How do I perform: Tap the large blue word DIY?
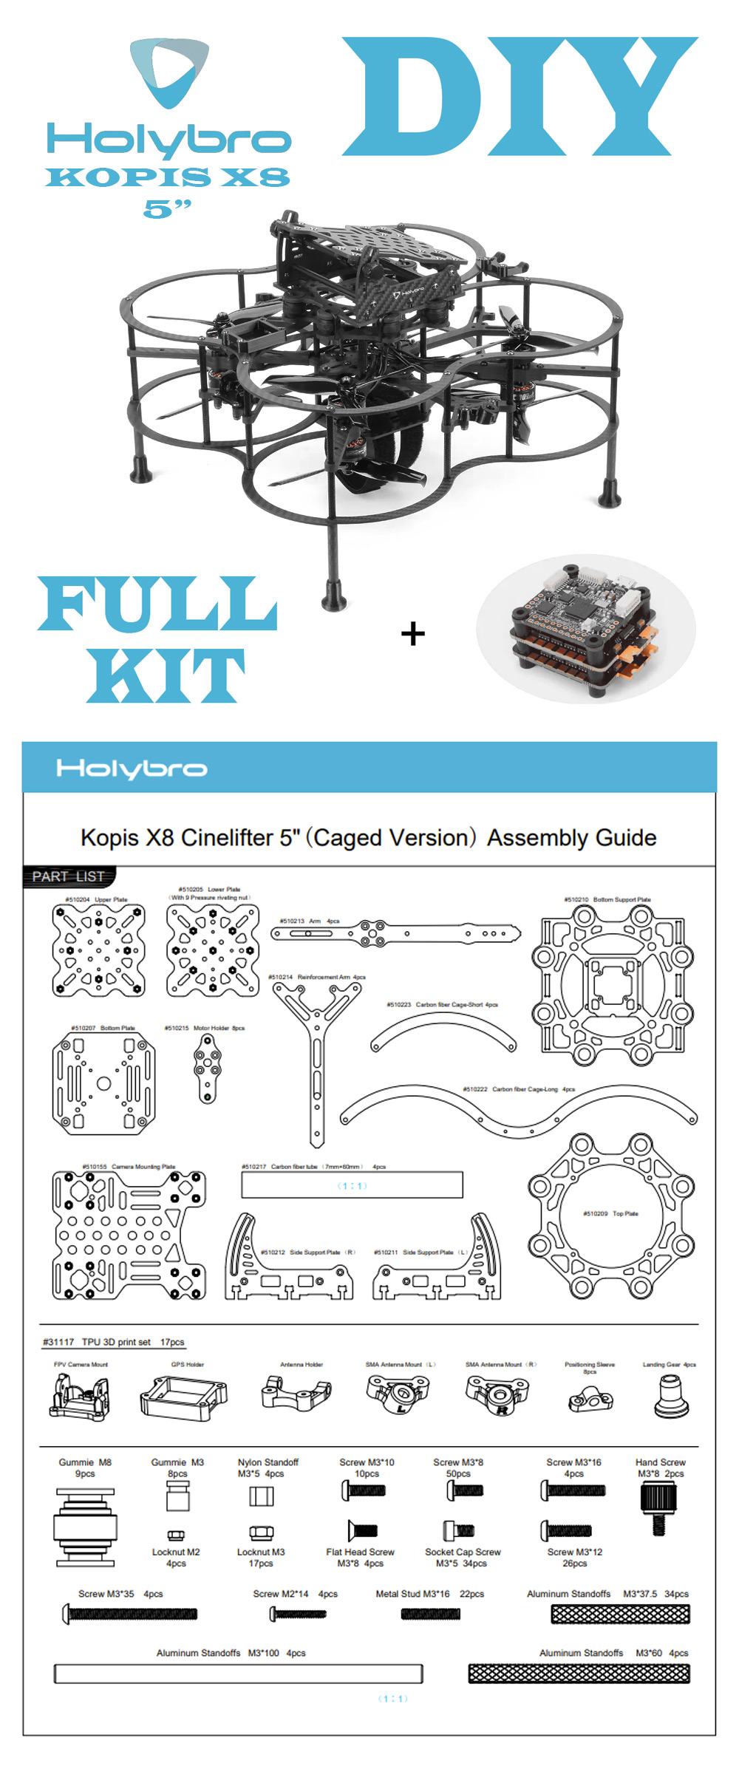[x=519, y=97]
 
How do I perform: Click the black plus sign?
[x=413, y=634]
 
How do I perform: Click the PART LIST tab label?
[x=69, y=876]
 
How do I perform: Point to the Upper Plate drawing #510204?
[x=98, y=951]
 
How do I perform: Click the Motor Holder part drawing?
[x=207, y=1068]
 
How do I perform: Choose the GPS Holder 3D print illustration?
[x=183, y=1398]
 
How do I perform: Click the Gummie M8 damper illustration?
[x=85, y=1528]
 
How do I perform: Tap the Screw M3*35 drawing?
[x=131, y=1615]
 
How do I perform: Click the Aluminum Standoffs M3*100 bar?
[x=238, y=1673]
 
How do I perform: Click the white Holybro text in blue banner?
[x=132, y=769]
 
